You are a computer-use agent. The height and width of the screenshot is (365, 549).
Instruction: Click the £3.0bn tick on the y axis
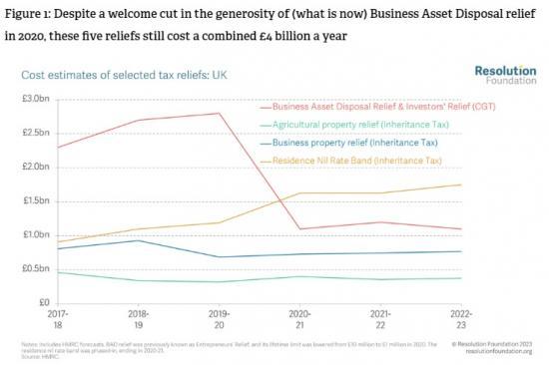[x=34, y=100]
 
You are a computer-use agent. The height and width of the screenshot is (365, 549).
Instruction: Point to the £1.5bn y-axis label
[x=34, y=200]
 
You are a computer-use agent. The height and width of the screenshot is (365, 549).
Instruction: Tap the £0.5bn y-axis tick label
[x=34, y=268]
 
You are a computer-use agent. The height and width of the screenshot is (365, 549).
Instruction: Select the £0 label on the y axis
[x=42, y=302]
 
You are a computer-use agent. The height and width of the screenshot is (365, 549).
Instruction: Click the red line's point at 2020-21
[x=300, y=228]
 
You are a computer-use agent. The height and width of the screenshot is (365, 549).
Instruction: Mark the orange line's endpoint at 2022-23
[x=461, y=184]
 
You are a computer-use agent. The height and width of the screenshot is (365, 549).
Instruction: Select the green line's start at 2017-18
[x=58, y=271]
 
